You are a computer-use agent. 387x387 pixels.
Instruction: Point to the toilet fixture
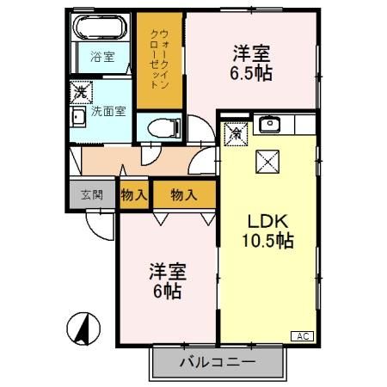[x=159, y=129]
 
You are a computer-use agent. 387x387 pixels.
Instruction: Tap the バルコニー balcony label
[x=217, y=362]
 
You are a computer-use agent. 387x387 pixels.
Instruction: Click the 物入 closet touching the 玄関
[x=134, y=194]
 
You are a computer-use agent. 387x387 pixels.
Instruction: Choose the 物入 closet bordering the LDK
[x=183, y=194]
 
